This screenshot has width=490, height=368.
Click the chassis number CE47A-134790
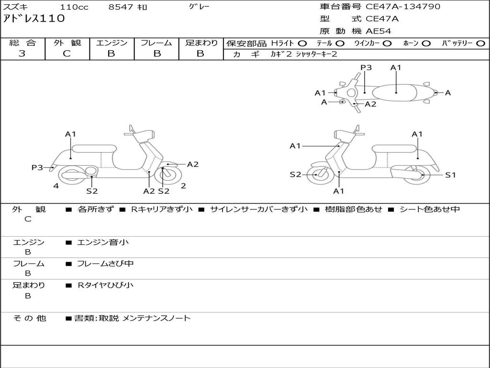point(403,7)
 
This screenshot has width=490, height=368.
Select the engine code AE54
point(379,32)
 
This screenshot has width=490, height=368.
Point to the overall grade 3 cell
point(22,54)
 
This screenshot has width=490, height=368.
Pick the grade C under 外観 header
point(67,54)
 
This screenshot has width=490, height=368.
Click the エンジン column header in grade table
point(111,43)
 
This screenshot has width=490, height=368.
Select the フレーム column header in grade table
point(156,43)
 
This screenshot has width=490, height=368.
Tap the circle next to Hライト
point(303,44)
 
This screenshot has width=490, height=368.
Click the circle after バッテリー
point(480,44)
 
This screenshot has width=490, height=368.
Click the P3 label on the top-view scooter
point(366,68)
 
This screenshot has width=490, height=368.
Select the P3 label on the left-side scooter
point(37,167)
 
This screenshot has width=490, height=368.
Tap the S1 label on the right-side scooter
point(450,175)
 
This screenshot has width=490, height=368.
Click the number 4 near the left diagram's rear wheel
point(56,186)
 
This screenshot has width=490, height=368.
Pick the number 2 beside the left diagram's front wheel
point(183,186)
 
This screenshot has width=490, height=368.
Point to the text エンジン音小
point(103,242)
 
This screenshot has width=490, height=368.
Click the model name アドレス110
point(33,19)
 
